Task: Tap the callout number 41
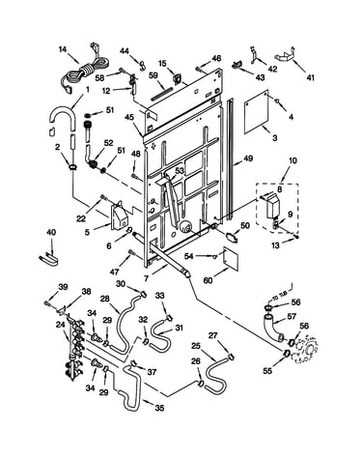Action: pyautogui.click(x=310, y=77)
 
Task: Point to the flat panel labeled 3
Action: pyautogui.click(x=256, y=111)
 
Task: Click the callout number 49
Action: pyautogui.click(x=248, y=158)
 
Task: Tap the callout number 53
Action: pyautogui.click(x=180, y=170)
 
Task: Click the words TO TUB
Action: pyautogui.click(x=279, y=296)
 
